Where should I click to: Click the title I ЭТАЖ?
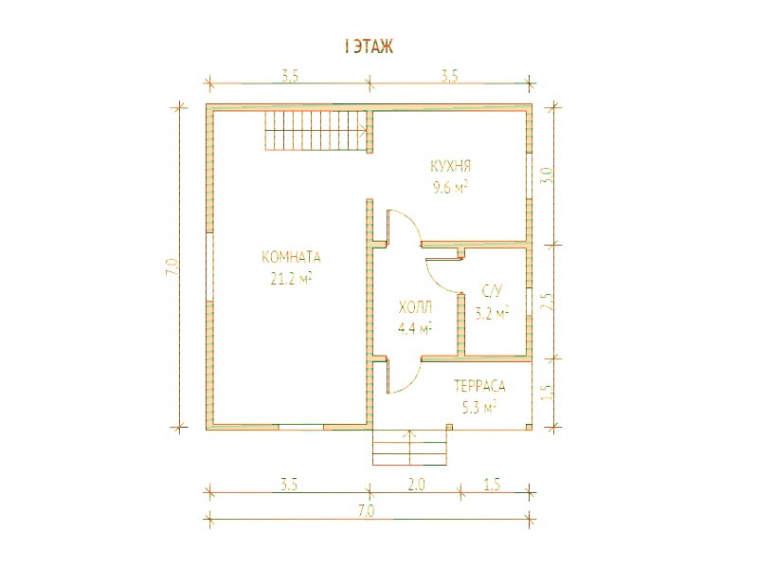tap(369, 46)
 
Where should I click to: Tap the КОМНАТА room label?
tap(292, 257)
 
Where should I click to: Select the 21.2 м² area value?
tap(291, 279)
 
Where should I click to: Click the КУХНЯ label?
tap(451, 167)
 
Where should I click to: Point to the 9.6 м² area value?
tap(450, 187)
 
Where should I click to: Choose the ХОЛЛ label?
tap(415, 307)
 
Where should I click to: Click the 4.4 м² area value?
tap(415, 329)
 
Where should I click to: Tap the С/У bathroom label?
tap(493, 291)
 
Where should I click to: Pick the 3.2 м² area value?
tap(492, 313)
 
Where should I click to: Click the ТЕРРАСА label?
tap(479, 386)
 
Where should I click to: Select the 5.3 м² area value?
tap(479, 408)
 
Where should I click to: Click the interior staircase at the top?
tap(316, 131)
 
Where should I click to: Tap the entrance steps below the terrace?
tap(410, 448)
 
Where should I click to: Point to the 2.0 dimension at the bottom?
tap(416, 485)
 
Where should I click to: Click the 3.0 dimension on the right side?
tap(547, 174)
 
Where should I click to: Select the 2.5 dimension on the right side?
tap(547, 302)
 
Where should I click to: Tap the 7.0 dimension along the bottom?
tap(367, 511)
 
